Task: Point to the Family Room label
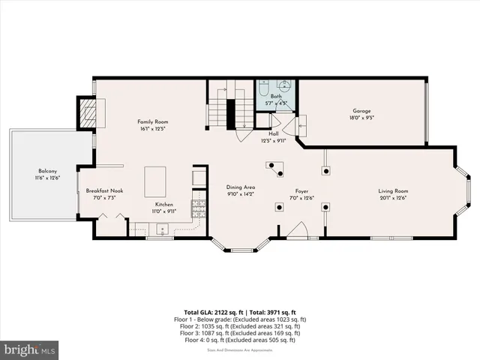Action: click(152, 121)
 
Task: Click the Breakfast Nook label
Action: click(104, 190)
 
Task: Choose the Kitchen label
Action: click(165, 204)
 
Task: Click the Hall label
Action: click(274, 133)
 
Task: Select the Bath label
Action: click(277, 97)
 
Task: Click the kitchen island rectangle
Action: click(156, 181)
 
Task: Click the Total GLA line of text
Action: click(240, 312)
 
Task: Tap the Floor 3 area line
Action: click(240, 333)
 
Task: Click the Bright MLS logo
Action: click(30, 349)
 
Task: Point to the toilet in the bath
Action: click(262, 88)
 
